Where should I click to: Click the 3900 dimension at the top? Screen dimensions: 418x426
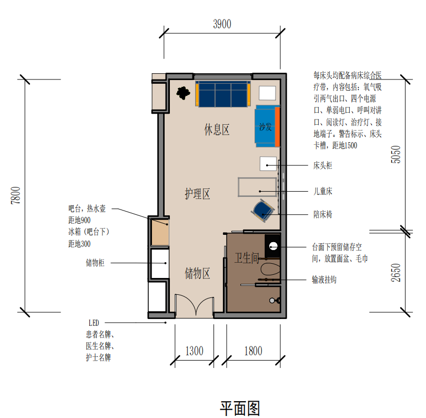click(x=222, y=24)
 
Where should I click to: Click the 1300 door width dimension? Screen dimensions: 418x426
click(x=194, y=351)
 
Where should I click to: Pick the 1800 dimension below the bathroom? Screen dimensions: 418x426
click(x=253, y=351)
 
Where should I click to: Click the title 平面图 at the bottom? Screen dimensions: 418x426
click(x=240, y=407)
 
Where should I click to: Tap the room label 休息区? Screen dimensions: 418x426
click(x=217, y=130)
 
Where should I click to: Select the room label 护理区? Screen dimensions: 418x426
click(x=197, y=194)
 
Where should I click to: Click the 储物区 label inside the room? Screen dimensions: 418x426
click(x=197, y=273)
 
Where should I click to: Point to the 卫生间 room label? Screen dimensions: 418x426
click(x=247, y=257)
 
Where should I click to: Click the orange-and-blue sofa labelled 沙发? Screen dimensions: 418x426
click(x=267, y=126)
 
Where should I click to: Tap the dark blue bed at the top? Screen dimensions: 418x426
click(x=223, y=94)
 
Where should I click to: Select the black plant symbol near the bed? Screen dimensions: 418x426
click(x=183, y=93)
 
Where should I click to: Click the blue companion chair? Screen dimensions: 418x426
click(x=262, y=210)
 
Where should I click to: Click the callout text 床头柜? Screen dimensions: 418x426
click(x=322, y=165)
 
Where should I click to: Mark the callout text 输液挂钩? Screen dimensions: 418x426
click(x=324, y=280)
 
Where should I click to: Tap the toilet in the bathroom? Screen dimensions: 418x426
click(x=270, y=270)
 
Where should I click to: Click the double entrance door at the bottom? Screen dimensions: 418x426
click(x=194, y=307)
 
